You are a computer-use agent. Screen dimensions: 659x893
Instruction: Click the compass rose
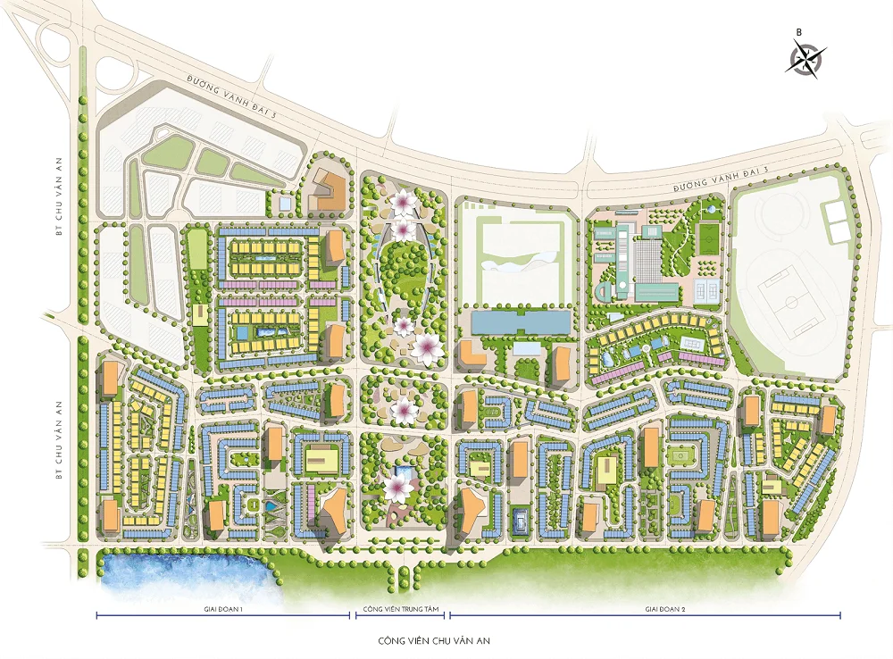click(804, 59)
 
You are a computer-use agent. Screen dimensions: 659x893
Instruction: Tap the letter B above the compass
click(799, 32)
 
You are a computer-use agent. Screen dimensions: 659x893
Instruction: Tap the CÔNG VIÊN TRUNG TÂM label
click(398, 609)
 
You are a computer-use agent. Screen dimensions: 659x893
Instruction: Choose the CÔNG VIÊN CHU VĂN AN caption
click(434, 641)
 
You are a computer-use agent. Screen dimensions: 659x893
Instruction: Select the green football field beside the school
click(707, 239)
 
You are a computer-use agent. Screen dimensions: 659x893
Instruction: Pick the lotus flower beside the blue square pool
click(394, 488)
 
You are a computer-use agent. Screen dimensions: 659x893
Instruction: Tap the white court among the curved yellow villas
click(691, 341)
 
